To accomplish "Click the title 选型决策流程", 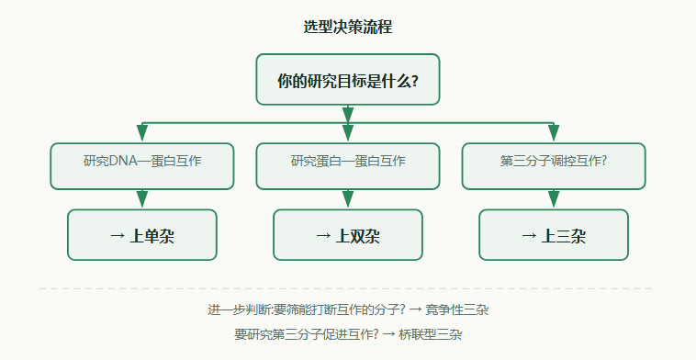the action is (348, 27).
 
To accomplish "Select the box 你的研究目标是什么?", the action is (348, 80).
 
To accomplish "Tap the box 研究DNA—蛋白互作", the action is (142, 166).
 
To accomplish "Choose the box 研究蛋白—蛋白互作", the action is (348, 166).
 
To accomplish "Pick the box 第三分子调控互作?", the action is (554, 166).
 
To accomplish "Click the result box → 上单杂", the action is (142, 235).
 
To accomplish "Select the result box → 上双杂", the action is (348, 235).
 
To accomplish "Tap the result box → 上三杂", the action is (554, 235).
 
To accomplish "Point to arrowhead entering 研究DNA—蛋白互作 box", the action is (142, 133).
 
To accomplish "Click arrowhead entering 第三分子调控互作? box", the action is (554, 133).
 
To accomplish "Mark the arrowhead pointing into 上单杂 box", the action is (142, 199).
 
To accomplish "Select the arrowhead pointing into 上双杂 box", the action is (348, 199).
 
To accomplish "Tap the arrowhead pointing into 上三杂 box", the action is (554, 199).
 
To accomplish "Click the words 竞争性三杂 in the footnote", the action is (456, 309).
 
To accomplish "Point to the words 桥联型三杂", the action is (430, 334).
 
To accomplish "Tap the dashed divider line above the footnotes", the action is (346, 288).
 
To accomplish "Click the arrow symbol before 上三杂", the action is (529, 236).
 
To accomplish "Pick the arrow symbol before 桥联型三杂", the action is (388, 334).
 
